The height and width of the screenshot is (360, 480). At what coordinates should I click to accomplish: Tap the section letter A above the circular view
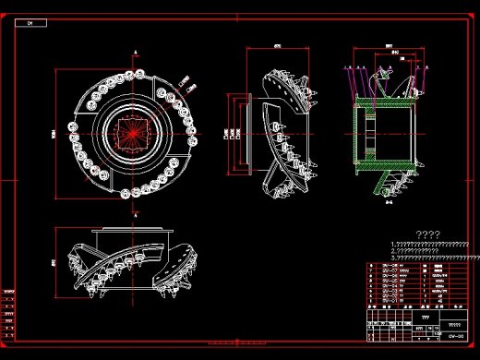pyautogui.click(x=135, y=52)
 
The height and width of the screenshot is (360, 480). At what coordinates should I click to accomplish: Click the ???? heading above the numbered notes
pyautogui.click(x=427, y=234)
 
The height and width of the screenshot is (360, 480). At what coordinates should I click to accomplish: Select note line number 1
pyautogui.click(x=432, y=244)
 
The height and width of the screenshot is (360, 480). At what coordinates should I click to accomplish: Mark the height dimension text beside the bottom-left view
pyautogui.click(x=54, y=263)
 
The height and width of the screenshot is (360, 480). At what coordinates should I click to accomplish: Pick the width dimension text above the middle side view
pyautogui.click(x=277, y=45)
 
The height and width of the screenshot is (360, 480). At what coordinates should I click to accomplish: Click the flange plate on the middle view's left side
pyautogui.click(x=247, y=133)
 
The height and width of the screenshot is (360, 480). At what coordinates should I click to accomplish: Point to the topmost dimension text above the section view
pyautogui.click(x=390, y=45)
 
